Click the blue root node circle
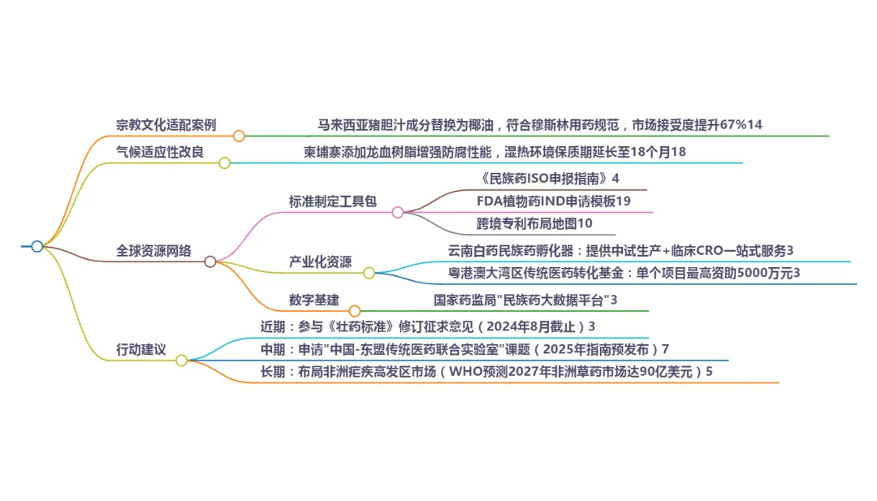(x=37, y=246)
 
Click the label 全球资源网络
(x=154, y=251)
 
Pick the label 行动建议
(x=141, y=350)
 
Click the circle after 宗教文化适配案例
(x=239, y=136)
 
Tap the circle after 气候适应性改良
(x=225, y=162)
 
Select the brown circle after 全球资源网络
(x=210, y=261)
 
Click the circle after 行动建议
(x=182, y=360)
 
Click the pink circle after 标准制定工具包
(x=398, y=212)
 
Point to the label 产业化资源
(x=321, y=261)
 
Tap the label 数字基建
(x=313, y=300)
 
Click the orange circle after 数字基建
(x=354, y=310)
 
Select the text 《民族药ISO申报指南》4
(x=550, y=178)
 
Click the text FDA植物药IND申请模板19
(x=554, y=201)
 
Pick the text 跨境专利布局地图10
(x=535, y=222)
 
